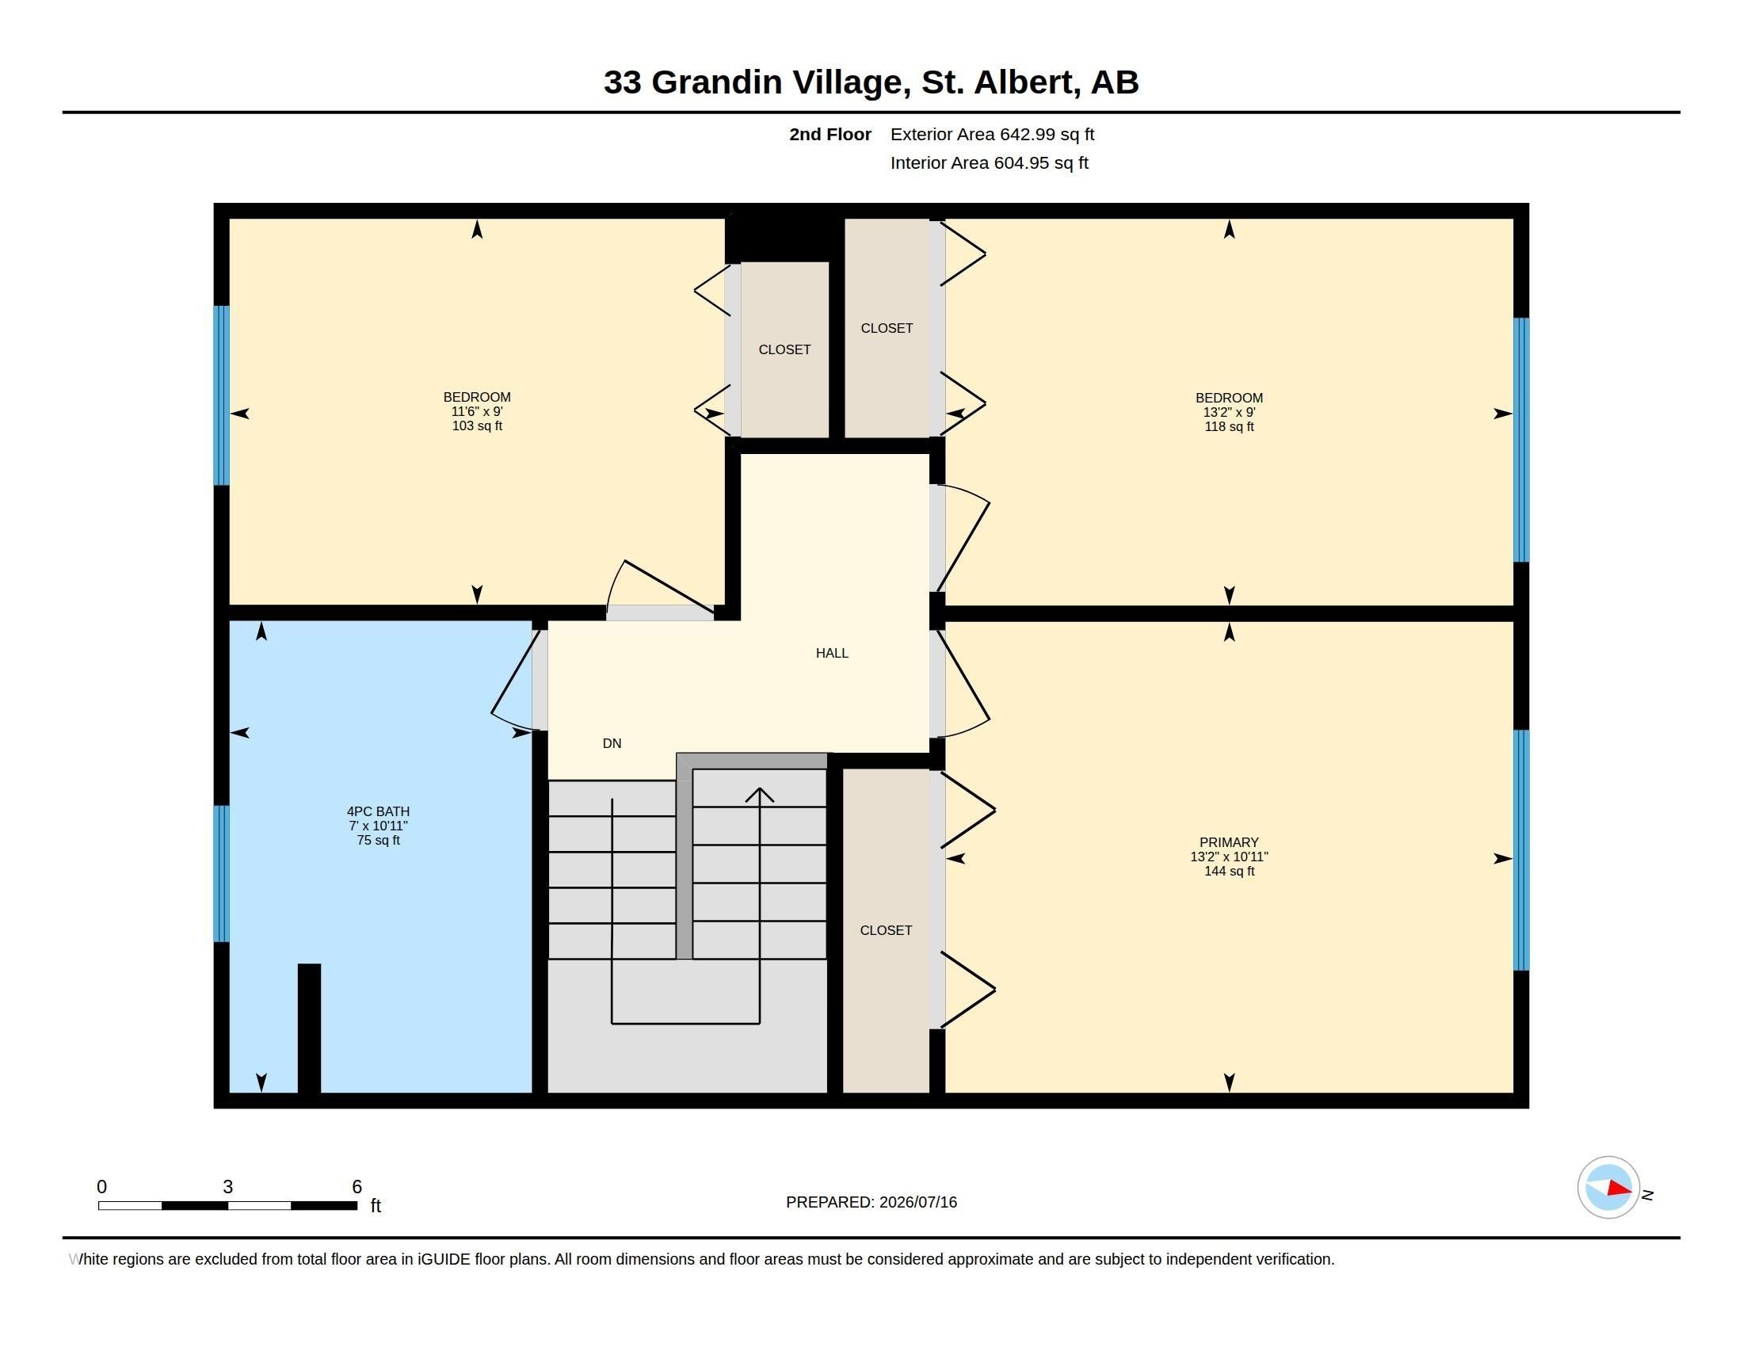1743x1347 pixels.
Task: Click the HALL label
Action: [832, 653]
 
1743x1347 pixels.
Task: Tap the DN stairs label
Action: [612, 743]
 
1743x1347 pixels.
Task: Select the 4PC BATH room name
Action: [378, 811]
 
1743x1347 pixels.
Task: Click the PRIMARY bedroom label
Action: [1229, 841]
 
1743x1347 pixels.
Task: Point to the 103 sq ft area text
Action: [477, 426]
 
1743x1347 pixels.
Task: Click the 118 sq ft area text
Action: [1229, 427]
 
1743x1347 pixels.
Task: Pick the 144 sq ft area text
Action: [1229, 872]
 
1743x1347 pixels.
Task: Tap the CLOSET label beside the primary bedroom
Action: [886, 930]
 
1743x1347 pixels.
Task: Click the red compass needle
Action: [1619, 1189]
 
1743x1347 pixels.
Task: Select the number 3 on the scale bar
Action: [227, 1187]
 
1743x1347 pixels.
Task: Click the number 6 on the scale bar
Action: [357, 1187]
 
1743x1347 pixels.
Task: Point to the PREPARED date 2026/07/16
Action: [917, 1202]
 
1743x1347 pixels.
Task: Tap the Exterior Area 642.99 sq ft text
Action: [992, 134]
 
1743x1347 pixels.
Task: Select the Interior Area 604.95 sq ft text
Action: [989, 162]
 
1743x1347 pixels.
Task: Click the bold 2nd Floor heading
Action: [830, 134]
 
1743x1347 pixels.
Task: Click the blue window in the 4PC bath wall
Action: [221, 874]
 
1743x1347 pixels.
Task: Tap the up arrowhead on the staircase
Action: [760, 795]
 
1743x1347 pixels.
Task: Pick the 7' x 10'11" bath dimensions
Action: [378, 826]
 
